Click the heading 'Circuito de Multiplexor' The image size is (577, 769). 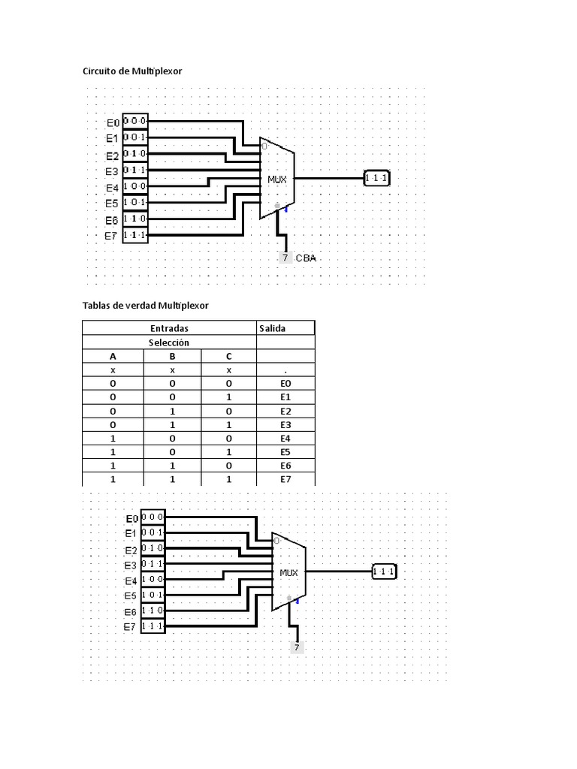tap(132, 71)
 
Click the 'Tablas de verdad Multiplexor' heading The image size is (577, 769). tap(145, 306)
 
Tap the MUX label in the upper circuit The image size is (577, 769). tap(276, 179)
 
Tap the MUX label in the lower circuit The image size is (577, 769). tap(288, 572)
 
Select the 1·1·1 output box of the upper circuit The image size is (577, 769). tap(377, 177)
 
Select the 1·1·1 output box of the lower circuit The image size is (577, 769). tap(384, 571)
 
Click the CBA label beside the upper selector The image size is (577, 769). tap(306, 258)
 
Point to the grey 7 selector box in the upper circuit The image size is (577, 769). tap(285, 258)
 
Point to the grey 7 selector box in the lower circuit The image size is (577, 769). tap(296, 647)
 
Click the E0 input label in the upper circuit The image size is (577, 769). tap(113, 122)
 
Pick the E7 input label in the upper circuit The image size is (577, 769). tap(111, 236)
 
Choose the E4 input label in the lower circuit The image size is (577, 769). tap(131, 581)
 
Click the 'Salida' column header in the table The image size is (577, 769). tap(272, 329)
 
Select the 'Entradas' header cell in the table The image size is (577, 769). tap(169, 329)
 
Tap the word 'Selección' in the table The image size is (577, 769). tap(169, 342)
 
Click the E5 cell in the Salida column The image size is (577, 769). tap(285, 452)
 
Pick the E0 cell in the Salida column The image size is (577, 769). tap(285, 384)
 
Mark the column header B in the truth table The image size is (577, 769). tap(172, 357)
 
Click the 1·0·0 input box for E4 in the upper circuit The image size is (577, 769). tap(135, 186)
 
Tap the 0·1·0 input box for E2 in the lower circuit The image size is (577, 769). tap(153, 547)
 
